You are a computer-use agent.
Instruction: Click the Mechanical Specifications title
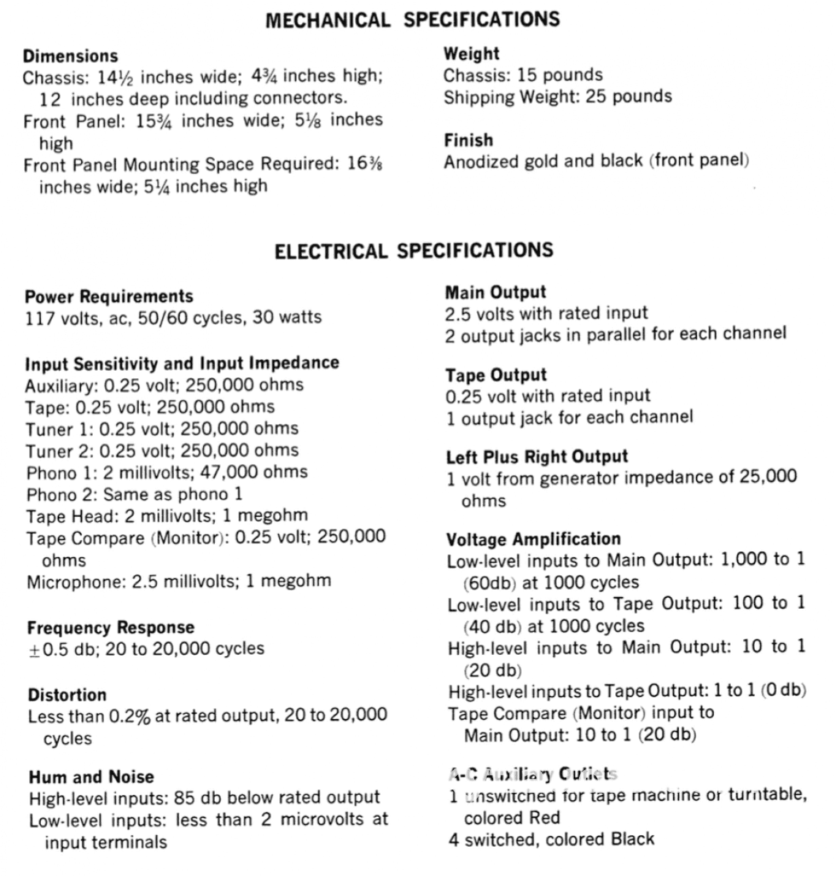413,20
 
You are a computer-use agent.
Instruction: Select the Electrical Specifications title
414,252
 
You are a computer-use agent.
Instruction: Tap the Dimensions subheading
70,56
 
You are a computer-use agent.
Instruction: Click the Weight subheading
471,53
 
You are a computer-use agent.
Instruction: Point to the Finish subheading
468,139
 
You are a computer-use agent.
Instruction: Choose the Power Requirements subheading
109,296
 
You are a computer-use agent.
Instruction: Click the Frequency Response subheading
110,628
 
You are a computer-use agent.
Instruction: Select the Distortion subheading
67,695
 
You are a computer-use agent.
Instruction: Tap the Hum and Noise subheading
91,777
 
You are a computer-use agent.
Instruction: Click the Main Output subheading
495,292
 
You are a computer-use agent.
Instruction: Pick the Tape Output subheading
496,375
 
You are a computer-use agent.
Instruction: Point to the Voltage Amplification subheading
533,539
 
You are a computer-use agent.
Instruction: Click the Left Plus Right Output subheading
537,457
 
